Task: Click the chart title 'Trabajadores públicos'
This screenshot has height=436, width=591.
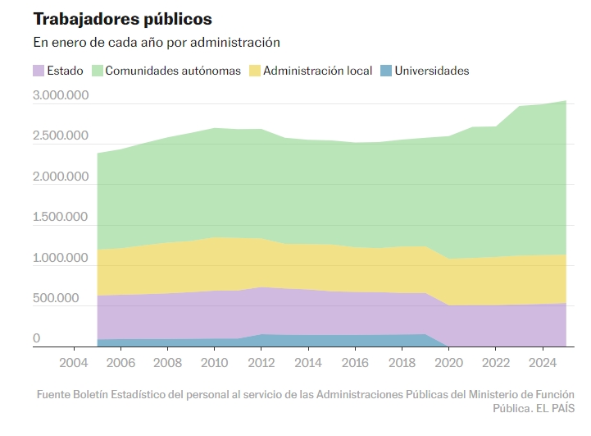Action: pos(122,18)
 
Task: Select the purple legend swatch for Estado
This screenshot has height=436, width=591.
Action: pos(39,71)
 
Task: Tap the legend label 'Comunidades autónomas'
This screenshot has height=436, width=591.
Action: pos(173,71)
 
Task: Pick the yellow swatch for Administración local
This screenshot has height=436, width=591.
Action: pos(255,71)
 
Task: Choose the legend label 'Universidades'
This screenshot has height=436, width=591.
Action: pos(432,71)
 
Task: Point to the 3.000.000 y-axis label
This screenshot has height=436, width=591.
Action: pos(61,95)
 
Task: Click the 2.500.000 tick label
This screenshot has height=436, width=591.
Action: pos(61,136)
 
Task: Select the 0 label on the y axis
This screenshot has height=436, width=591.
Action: pos(36,338)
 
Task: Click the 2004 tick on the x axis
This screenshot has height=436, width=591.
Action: pos(74,361)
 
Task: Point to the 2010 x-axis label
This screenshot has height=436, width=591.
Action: pos(214,361)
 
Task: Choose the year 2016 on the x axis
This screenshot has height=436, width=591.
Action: pos(355,361)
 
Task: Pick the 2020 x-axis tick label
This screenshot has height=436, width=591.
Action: pos(449,361)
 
